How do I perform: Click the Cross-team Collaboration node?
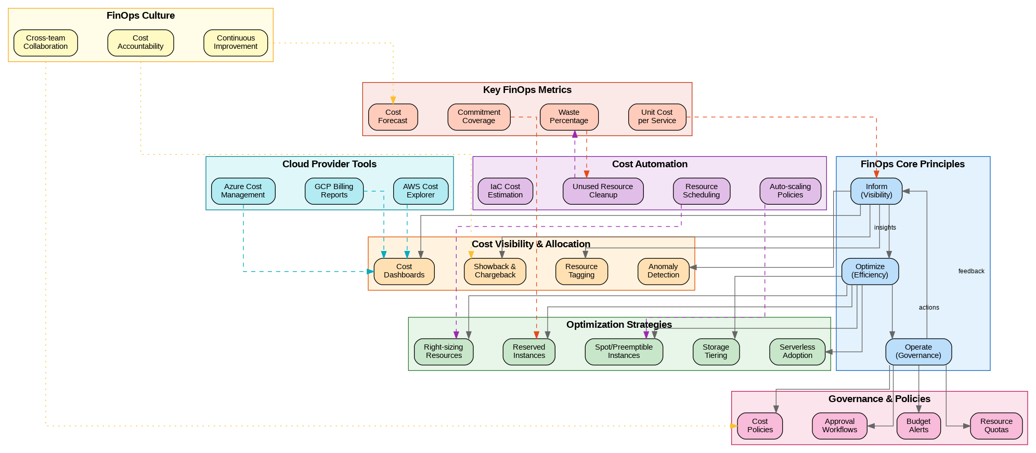coord(46,43)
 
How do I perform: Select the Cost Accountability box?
coord(140,43)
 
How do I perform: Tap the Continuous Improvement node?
coord(236,43)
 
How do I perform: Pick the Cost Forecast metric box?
coord(393,117)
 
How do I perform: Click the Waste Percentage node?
coord(569,117)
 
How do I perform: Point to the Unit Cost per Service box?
coord(657,117)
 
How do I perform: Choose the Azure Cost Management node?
coord(243,191)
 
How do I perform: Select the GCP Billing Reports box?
coord(334,191)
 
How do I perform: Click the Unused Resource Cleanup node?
coord(603,191)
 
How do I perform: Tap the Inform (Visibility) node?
coord(876,191)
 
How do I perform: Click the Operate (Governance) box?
coord(918,352)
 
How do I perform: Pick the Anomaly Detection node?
coord(663,271)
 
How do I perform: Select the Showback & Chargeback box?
coord(495,271)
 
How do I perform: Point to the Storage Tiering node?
coord(716,352)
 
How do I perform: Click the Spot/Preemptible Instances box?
coord(624,352)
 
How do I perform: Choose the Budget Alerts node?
coord(918,426)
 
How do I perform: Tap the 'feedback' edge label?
coord(971,271)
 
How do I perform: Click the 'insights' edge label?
coord(885,228)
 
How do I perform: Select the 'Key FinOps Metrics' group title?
coord(527,90)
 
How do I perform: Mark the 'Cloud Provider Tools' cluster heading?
coord(329,164)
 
